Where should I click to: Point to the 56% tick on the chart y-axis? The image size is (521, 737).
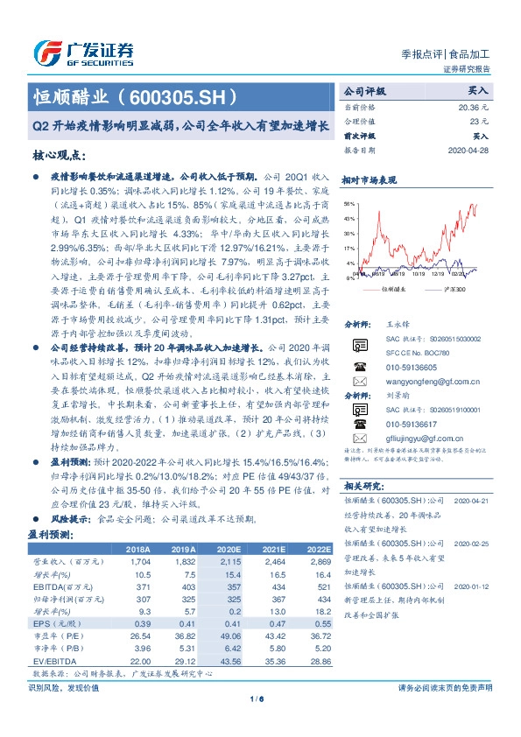(349, 202)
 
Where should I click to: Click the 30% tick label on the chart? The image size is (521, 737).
(349, 233)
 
